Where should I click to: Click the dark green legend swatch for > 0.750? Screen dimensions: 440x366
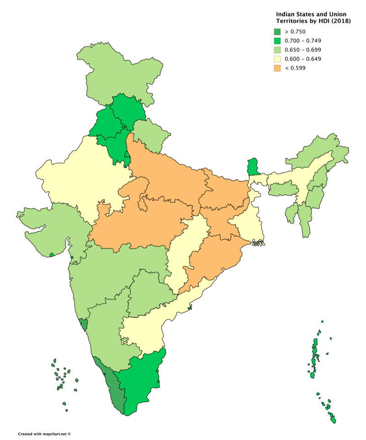pos(278,31)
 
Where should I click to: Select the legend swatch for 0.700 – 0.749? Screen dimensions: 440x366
pos(278,41)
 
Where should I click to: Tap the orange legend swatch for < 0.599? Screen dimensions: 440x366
pos(278,68)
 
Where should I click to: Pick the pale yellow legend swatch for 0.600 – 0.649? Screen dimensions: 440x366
pos(278,59)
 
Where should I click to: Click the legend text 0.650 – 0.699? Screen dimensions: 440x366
pos(303,50)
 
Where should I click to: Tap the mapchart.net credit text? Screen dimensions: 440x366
pos(44,434)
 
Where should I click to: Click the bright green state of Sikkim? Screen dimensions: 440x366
pos(253,167)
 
